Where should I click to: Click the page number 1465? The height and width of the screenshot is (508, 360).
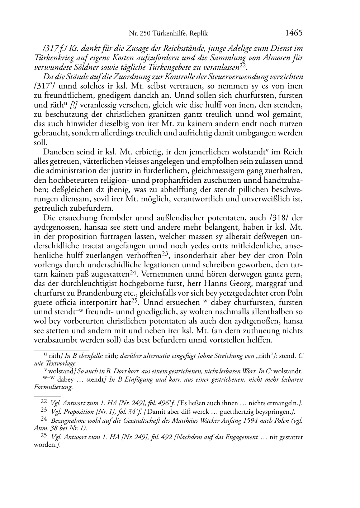click(x=294, y=33)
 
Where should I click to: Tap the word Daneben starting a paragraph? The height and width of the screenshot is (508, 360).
click(x=56, y=152)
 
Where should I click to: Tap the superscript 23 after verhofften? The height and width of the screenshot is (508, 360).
click(x=165, y=253)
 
